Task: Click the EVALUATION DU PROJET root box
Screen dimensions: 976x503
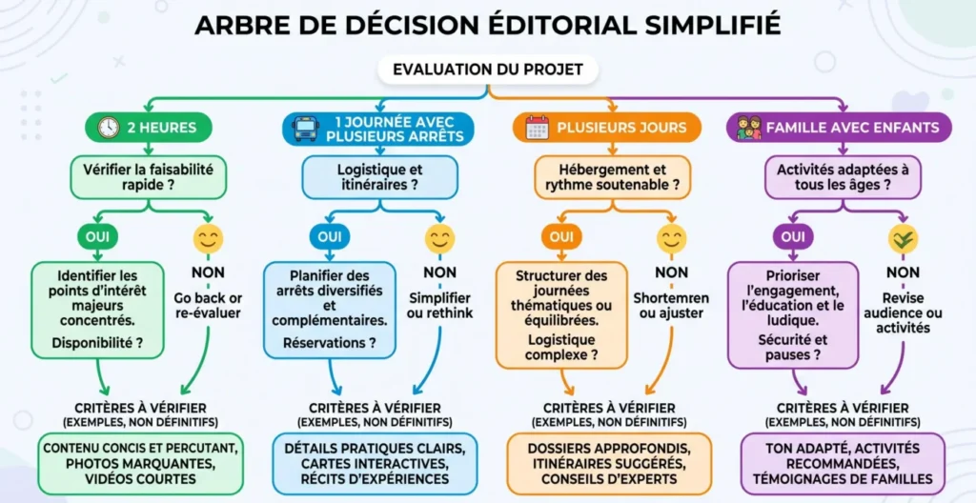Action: (487, 70)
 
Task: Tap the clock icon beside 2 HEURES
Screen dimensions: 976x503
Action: (109, 127)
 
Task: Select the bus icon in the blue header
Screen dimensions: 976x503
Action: (306, 129)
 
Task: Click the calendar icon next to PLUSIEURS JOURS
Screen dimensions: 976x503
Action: (538, 127)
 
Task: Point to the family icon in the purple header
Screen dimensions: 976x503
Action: (749, 127)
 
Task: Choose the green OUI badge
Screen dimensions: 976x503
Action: (97, 236)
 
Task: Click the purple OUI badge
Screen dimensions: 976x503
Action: (793, 236)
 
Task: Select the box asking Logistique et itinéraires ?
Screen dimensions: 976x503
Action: (379, 177)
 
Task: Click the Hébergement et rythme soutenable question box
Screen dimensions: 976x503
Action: (613, 177)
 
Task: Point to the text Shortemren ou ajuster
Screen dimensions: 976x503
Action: (671, 306)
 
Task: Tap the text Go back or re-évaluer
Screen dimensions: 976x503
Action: (209, 305)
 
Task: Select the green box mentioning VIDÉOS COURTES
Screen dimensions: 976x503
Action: (140, 464)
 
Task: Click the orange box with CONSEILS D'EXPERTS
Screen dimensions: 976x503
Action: (609, 464)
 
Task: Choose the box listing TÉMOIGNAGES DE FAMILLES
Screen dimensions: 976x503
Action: (843, 464)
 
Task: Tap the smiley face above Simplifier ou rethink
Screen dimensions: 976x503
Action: (439, 238)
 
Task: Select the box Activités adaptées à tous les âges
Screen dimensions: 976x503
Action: (843, 177)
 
